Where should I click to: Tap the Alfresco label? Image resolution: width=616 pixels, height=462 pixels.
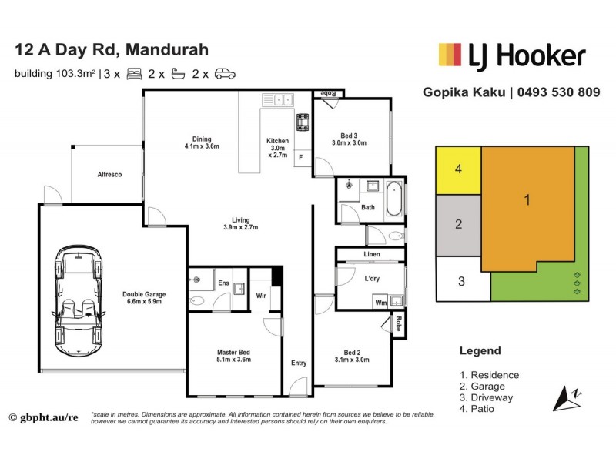(109, 174)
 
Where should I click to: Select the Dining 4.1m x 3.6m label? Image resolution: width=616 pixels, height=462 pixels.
(202, 142)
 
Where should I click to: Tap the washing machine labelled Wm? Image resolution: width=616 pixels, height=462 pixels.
(380, 303)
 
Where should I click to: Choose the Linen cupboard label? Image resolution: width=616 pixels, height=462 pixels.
(370, 255)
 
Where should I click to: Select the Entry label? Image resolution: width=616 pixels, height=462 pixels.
(298, 363)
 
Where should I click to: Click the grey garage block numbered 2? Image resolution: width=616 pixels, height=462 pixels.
(458, 225)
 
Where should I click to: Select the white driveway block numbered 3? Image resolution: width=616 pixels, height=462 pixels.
(461, 280)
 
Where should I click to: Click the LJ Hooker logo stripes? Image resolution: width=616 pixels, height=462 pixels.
(448, 55)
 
